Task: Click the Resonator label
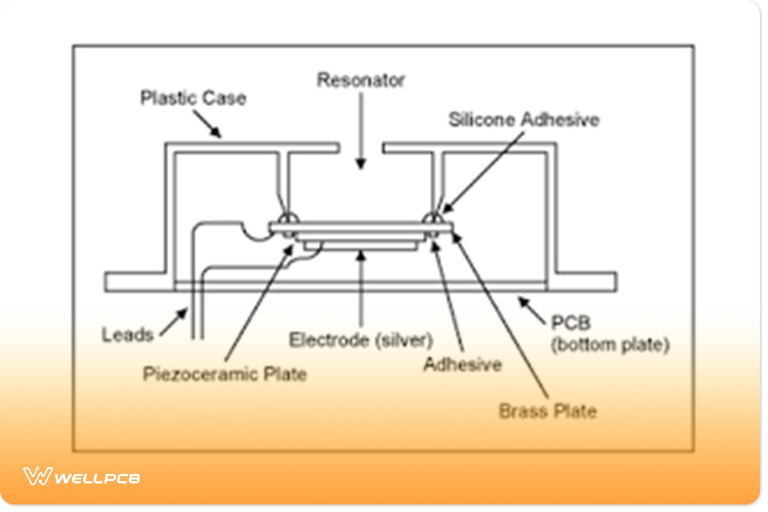click(x=361, y=81)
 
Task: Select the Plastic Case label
click(x=193, y=99)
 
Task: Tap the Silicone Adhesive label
click(x=524, y=120)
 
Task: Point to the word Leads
click(x=128, y=334)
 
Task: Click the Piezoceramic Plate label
click(x=225, y=373)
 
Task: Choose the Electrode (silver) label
click(x=361, y=339)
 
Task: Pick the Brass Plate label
click(x=547, y=410)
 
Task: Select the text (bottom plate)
click(x=610, y=346)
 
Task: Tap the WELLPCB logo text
click(x=98, y=477)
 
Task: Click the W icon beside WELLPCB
click(x=37, y=476)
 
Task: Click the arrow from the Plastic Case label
click(x=208, y=125)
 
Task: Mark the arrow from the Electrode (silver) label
click(x=361, y=288)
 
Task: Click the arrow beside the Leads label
click(x=173, y=323)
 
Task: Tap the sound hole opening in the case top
click(x=360, y=149)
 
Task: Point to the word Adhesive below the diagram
click(x=462, y=365)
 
